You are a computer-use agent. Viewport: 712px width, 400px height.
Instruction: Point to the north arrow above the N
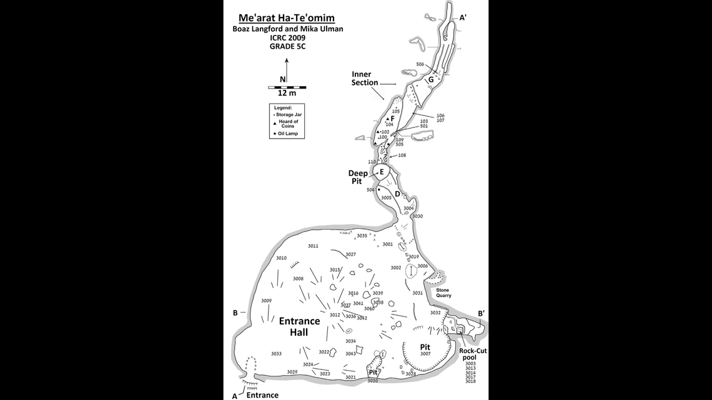[287, 66]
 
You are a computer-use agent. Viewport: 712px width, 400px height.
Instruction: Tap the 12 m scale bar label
[287, 93]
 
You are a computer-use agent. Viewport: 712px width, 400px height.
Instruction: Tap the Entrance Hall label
[299, 327]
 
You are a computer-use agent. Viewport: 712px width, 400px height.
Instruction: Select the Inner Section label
[365, 79]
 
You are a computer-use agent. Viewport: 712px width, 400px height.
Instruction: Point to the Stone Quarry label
[443, 293]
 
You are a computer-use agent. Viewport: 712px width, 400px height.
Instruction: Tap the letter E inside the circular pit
[382, 172]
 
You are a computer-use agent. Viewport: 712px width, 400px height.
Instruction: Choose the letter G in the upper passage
[430, 80]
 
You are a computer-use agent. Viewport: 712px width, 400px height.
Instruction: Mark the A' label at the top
[463, 19]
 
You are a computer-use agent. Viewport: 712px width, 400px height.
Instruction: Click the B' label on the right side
[481, 313]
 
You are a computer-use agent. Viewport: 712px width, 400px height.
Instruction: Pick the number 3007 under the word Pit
[425, 354]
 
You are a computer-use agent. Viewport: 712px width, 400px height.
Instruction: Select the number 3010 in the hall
[281, 258]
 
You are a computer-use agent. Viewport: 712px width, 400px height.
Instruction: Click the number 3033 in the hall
[276, 354]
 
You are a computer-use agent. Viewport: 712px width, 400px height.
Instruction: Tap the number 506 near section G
[420, 64]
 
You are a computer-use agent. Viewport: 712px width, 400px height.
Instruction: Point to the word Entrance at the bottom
[262, 394]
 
